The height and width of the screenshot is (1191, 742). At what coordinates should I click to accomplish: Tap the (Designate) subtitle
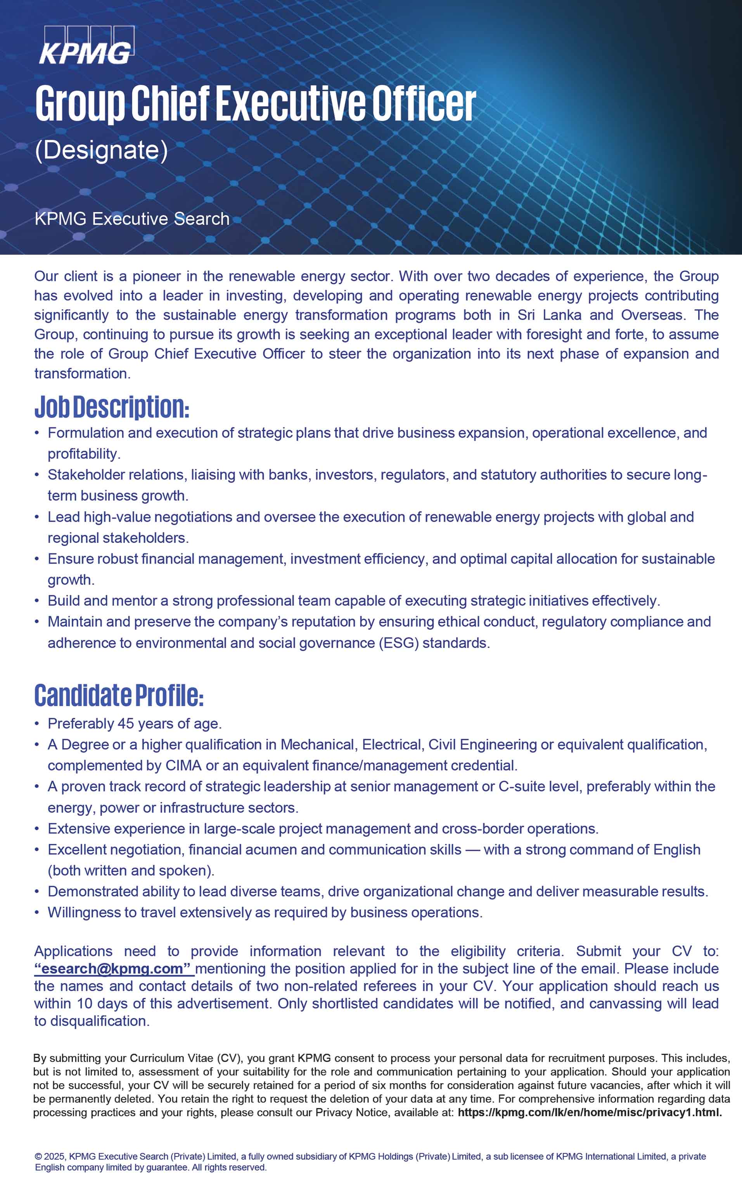tap(101, 150)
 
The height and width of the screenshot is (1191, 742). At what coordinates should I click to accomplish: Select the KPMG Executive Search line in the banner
tap(132, 219)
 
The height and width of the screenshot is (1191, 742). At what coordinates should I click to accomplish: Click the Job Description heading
tap(111, 407)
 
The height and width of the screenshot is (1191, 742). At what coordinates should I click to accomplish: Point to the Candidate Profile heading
tap(119, 696)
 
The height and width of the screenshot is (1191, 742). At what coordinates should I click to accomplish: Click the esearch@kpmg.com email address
tap(112, 968)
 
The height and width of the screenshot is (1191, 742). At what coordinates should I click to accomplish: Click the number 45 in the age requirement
tap(126, 724)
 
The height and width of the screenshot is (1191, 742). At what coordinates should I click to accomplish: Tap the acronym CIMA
tap(183, 765)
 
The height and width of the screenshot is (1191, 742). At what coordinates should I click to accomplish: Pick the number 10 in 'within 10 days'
tap(85, 1003)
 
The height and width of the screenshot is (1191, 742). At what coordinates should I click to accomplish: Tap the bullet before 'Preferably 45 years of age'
tap(37, 724)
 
